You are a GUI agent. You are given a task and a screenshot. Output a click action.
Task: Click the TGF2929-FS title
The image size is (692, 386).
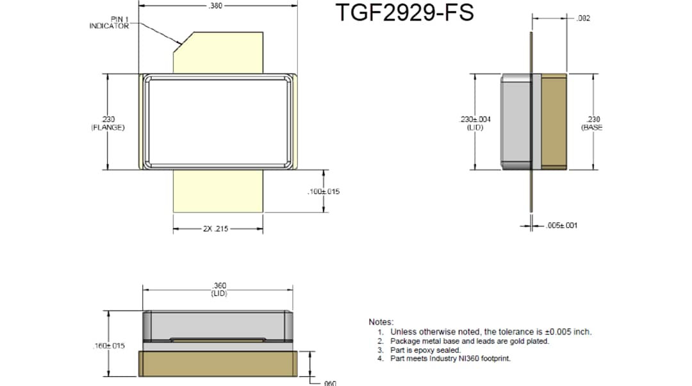tap(405, 13)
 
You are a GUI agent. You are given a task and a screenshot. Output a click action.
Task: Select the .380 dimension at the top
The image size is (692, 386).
tap(216, 6)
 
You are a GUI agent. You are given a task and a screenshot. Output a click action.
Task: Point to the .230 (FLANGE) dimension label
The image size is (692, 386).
tap(108, 123)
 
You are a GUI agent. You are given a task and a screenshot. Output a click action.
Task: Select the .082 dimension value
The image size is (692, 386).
tap(583, 19)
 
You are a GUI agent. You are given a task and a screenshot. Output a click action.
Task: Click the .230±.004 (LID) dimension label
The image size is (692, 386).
tap(475, 123)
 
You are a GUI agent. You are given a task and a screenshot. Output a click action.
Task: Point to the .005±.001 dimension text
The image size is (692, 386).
tap(563, 225)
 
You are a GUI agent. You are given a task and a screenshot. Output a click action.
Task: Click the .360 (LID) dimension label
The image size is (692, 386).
tap(218, 289)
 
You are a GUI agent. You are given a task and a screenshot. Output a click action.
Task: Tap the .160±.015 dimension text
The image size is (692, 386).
tap(108, 346)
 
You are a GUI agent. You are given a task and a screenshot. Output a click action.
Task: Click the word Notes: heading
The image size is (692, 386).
tap(381, 322)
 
